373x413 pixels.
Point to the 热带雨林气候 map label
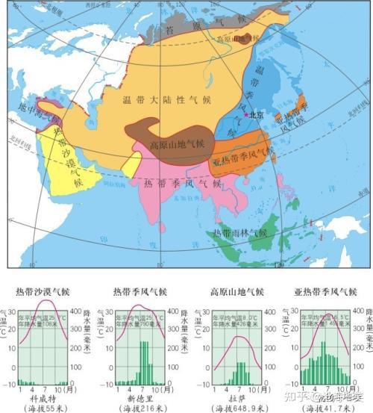[x=245, y=233]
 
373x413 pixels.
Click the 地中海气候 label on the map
[x=31, y=119]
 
